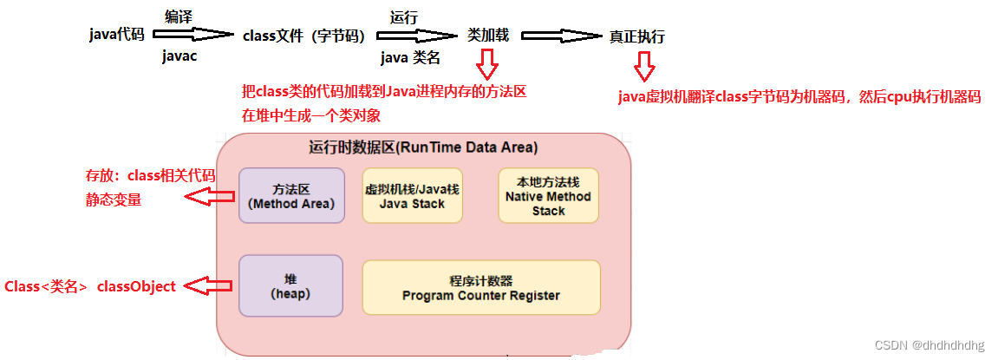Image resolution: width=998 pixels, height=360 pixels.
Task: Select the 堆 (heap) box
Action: click(x=291, y=286)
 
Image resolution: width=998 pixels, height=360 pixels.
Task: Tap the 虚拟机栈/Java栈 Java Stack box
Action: click(x=412, y=196)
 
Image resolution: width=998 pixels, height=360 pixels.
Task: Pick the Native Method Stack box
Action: click(x=548, y=196)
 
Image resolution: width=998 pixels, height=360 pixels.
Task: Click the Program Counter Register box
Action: click(x=480, y=288)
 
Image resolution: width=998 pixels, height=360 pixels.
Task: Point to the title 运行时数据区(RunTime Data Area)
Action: click(x=423, y=147)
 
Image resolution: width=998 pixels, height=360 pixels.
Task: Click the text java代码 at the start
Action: click(x=116, y=35)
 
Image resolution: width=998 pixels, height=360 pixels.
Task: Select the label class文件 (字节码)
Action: click(x=303, y=36)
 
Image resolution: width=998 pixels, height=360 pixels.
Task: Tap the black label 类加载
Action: click(x=488, y=36)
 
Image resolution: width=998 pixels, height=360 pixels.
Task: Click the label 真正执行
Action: click(x=637, y=37)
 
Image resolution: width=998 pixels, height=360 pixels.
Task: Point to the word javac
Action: click(x=180, y=56)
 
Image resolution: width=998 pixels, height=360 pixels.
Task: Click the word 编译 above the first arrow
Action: click(x=179, y=16)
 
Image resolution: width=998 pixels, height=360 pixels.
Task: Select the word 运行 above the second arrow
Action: click(x=405, y=16)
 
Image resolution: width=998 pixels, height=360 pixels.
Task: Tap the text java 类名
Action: click(x=410, y=57)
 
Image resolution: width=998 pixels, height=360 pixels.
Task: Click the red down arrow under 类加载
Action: click(x=487, y=63)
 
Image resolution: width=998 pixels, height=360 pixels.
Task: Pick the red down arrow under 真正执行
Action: click(x=643, y=66)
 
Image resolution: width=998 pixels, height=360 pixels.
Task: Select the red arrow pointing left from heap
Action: click(x=209, y=285)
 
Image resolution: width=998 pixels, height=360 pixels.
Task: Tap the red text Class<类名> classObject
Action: click(x=90, y=286)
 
